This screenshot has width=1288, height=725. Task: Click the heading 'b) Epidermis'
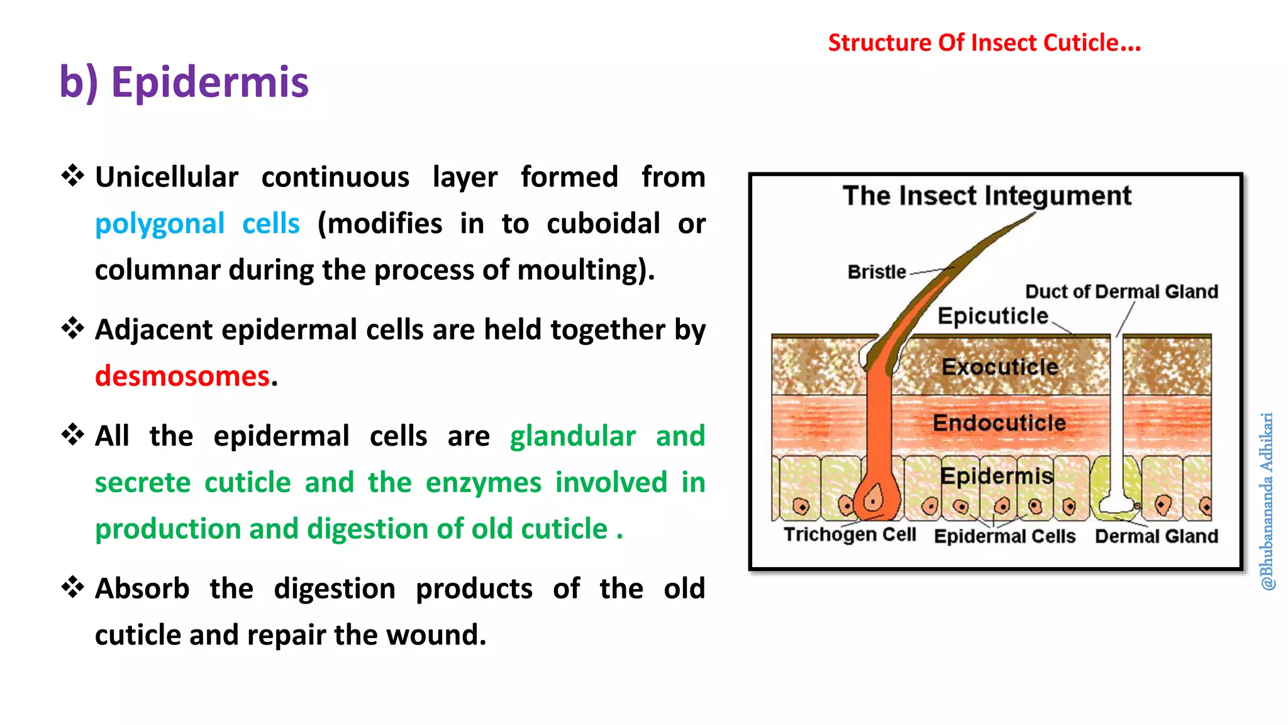(x=184, y=82)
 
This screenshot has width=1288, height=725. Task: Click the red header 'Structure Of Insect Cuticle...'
(x=984, y=43)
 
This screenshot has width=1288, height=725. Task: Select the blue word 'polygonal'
(x=160, y=223)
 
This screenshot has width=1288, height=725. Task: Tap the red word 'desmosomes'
(x=182, y=376)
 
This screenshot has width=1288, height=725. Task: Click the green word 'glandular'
(x=572, y=436)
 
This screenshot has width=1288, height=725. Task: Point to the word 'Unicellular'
(x=167, y=177)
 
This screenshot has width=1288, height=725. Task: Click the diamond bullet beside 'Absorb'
(x=73, y=587)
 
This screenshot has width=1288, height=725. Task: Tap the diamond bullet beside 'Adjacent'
(x=73, y=328)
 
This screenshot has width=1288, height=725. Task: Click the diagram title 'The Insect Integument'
(x=987, y=196)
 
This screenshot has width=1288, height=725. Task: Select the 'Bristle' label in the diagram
(x=877, y=272)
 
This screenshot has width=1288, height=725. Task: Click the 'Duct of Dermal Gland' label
(x=1121, y=291)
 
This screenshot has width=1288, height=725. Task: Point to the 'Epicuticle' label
(x=993, y=315)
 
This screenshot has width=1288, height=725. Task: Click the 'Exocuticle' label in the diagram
(x=1000, y=367)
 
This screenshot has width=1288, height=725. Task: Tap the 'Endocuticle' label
(x=999, y=423)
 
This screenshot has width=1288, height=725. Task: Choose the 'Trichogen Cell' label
(x=850, y=535)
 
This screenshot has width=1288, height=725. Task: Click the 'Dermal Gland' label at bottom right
(x=1156, y=536)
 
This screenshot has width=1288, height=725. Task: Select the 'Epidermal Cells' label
(x=1004, y=536)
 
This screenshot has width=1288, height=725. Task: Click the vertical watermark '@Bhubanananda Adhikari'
(x=1267, y=501)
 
